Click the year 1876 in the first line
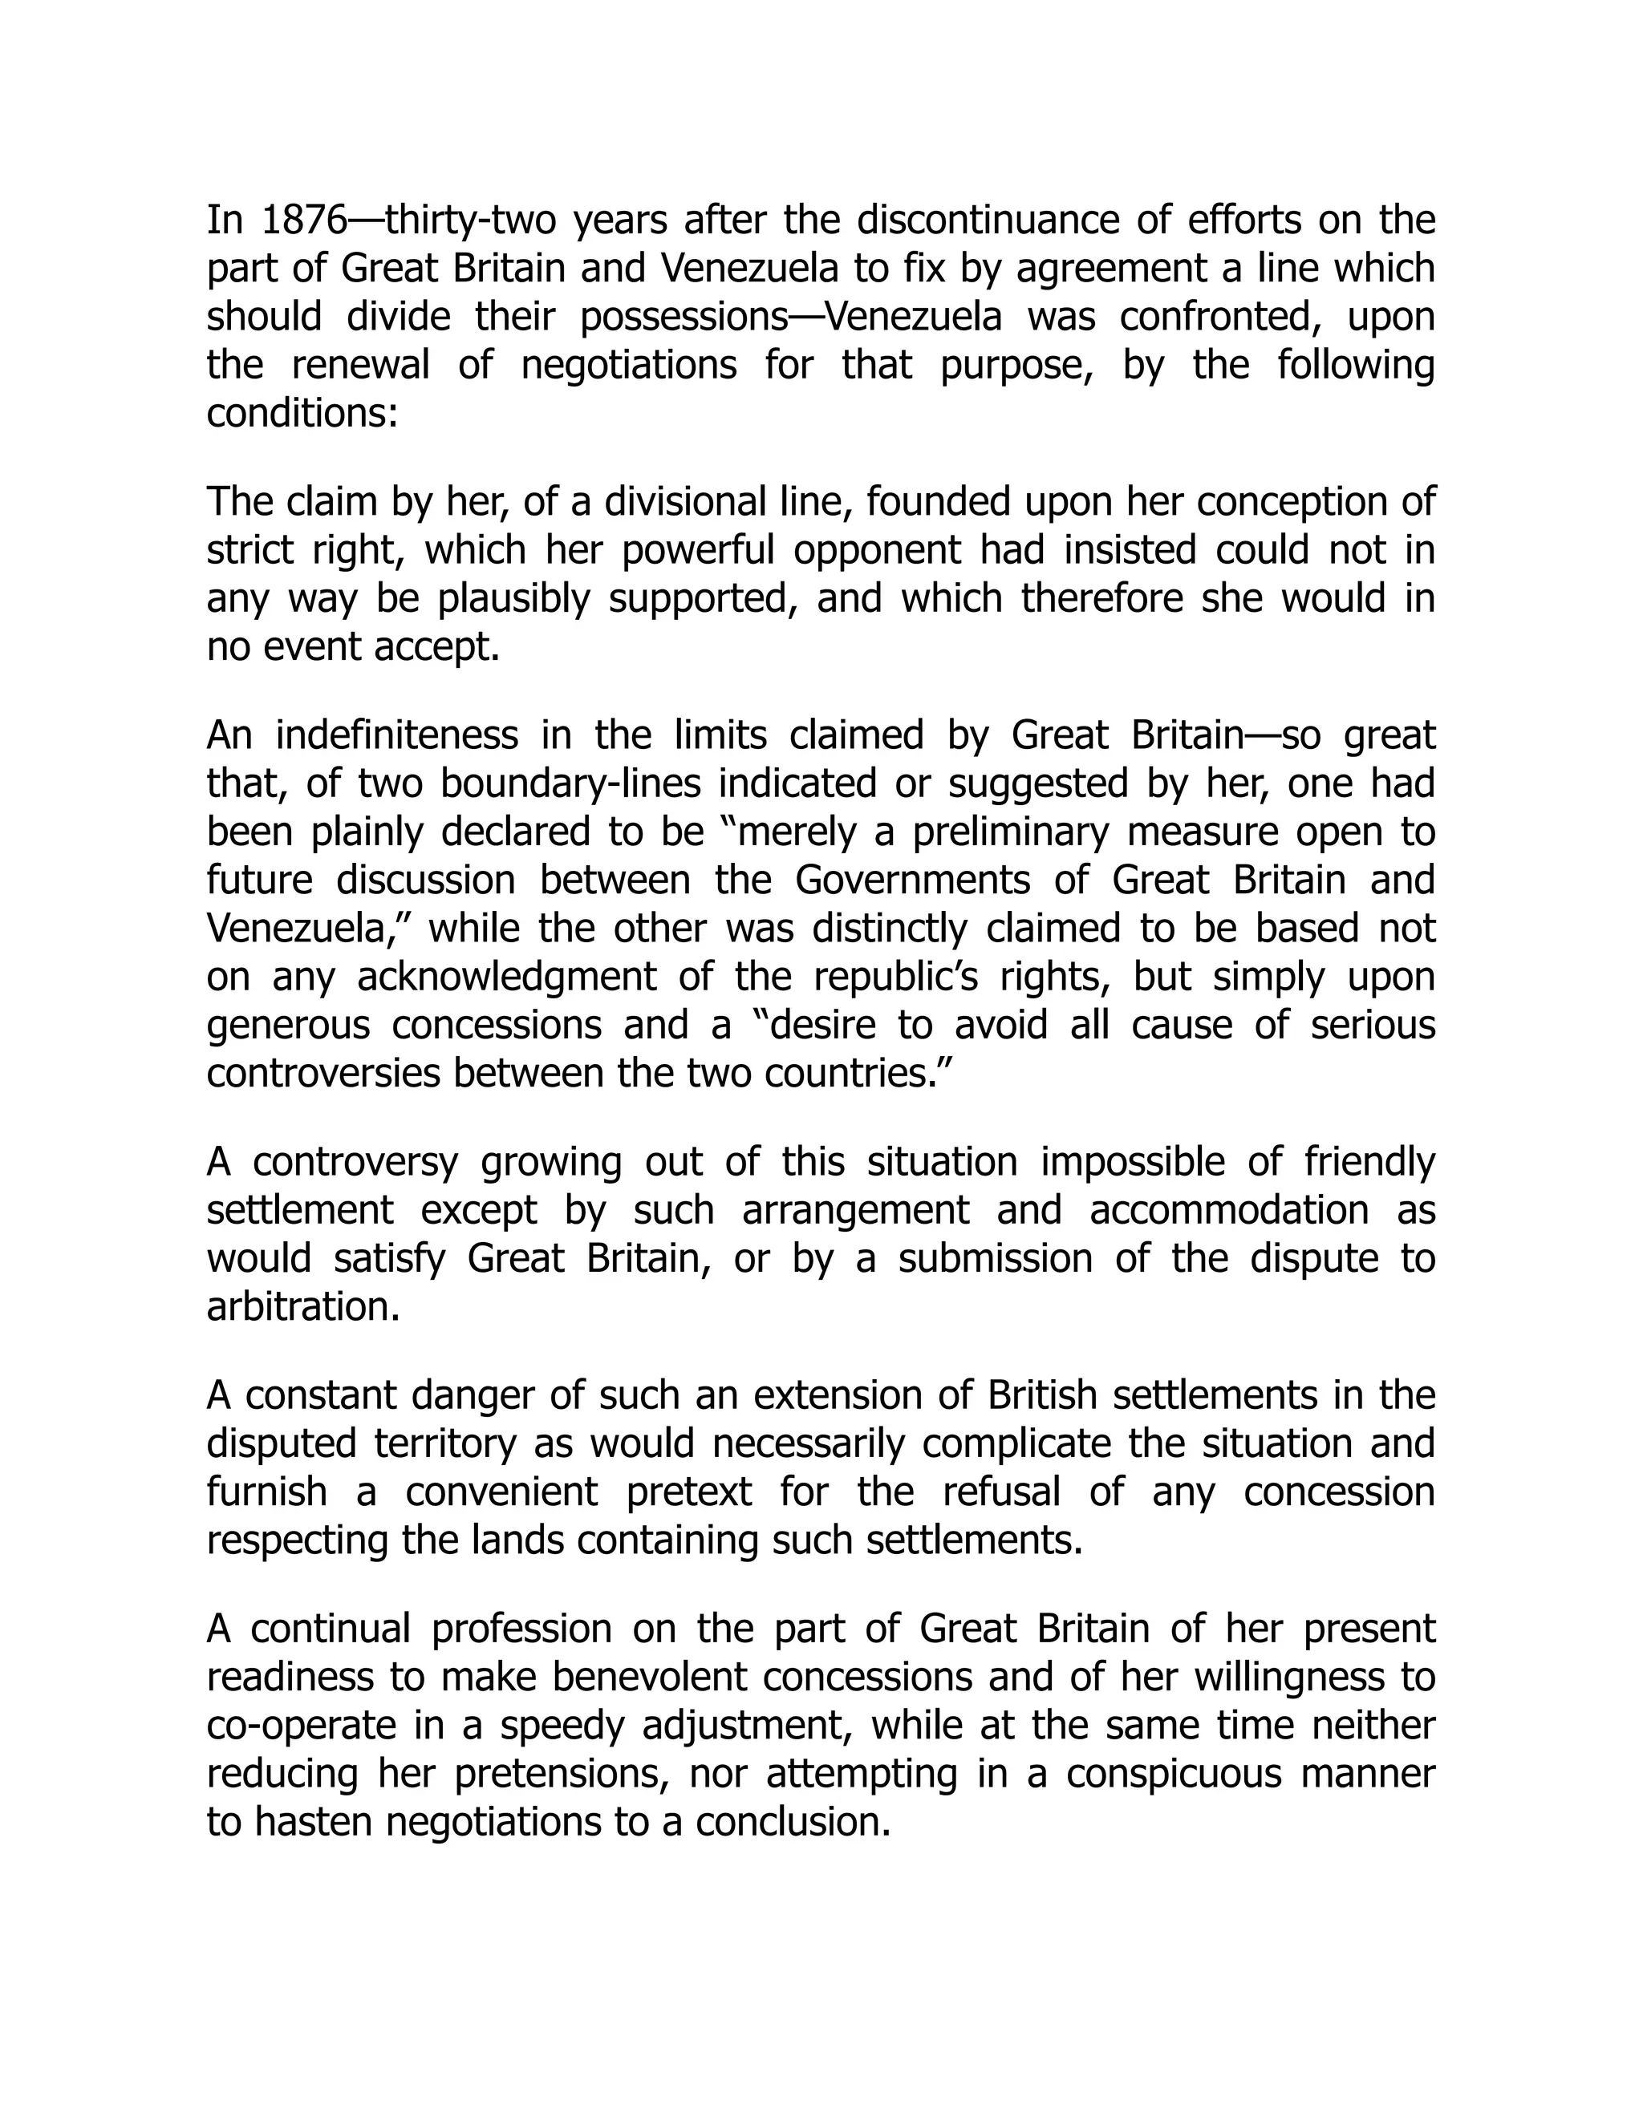pos(304,221)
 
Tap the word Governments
pos(912,880)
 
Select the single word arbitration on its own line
pos(302,1308)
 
